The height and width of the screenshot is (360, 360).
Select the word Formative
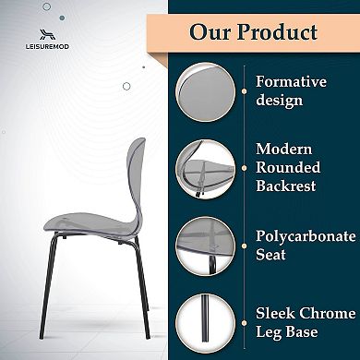coord(291,81)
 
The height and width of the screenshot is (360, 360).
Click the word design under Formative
coord(281,99)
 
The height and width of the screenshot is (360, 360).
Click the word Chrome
coord(327,313)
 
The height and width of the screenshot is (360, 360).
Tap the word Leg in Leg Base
coord(270,331)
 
